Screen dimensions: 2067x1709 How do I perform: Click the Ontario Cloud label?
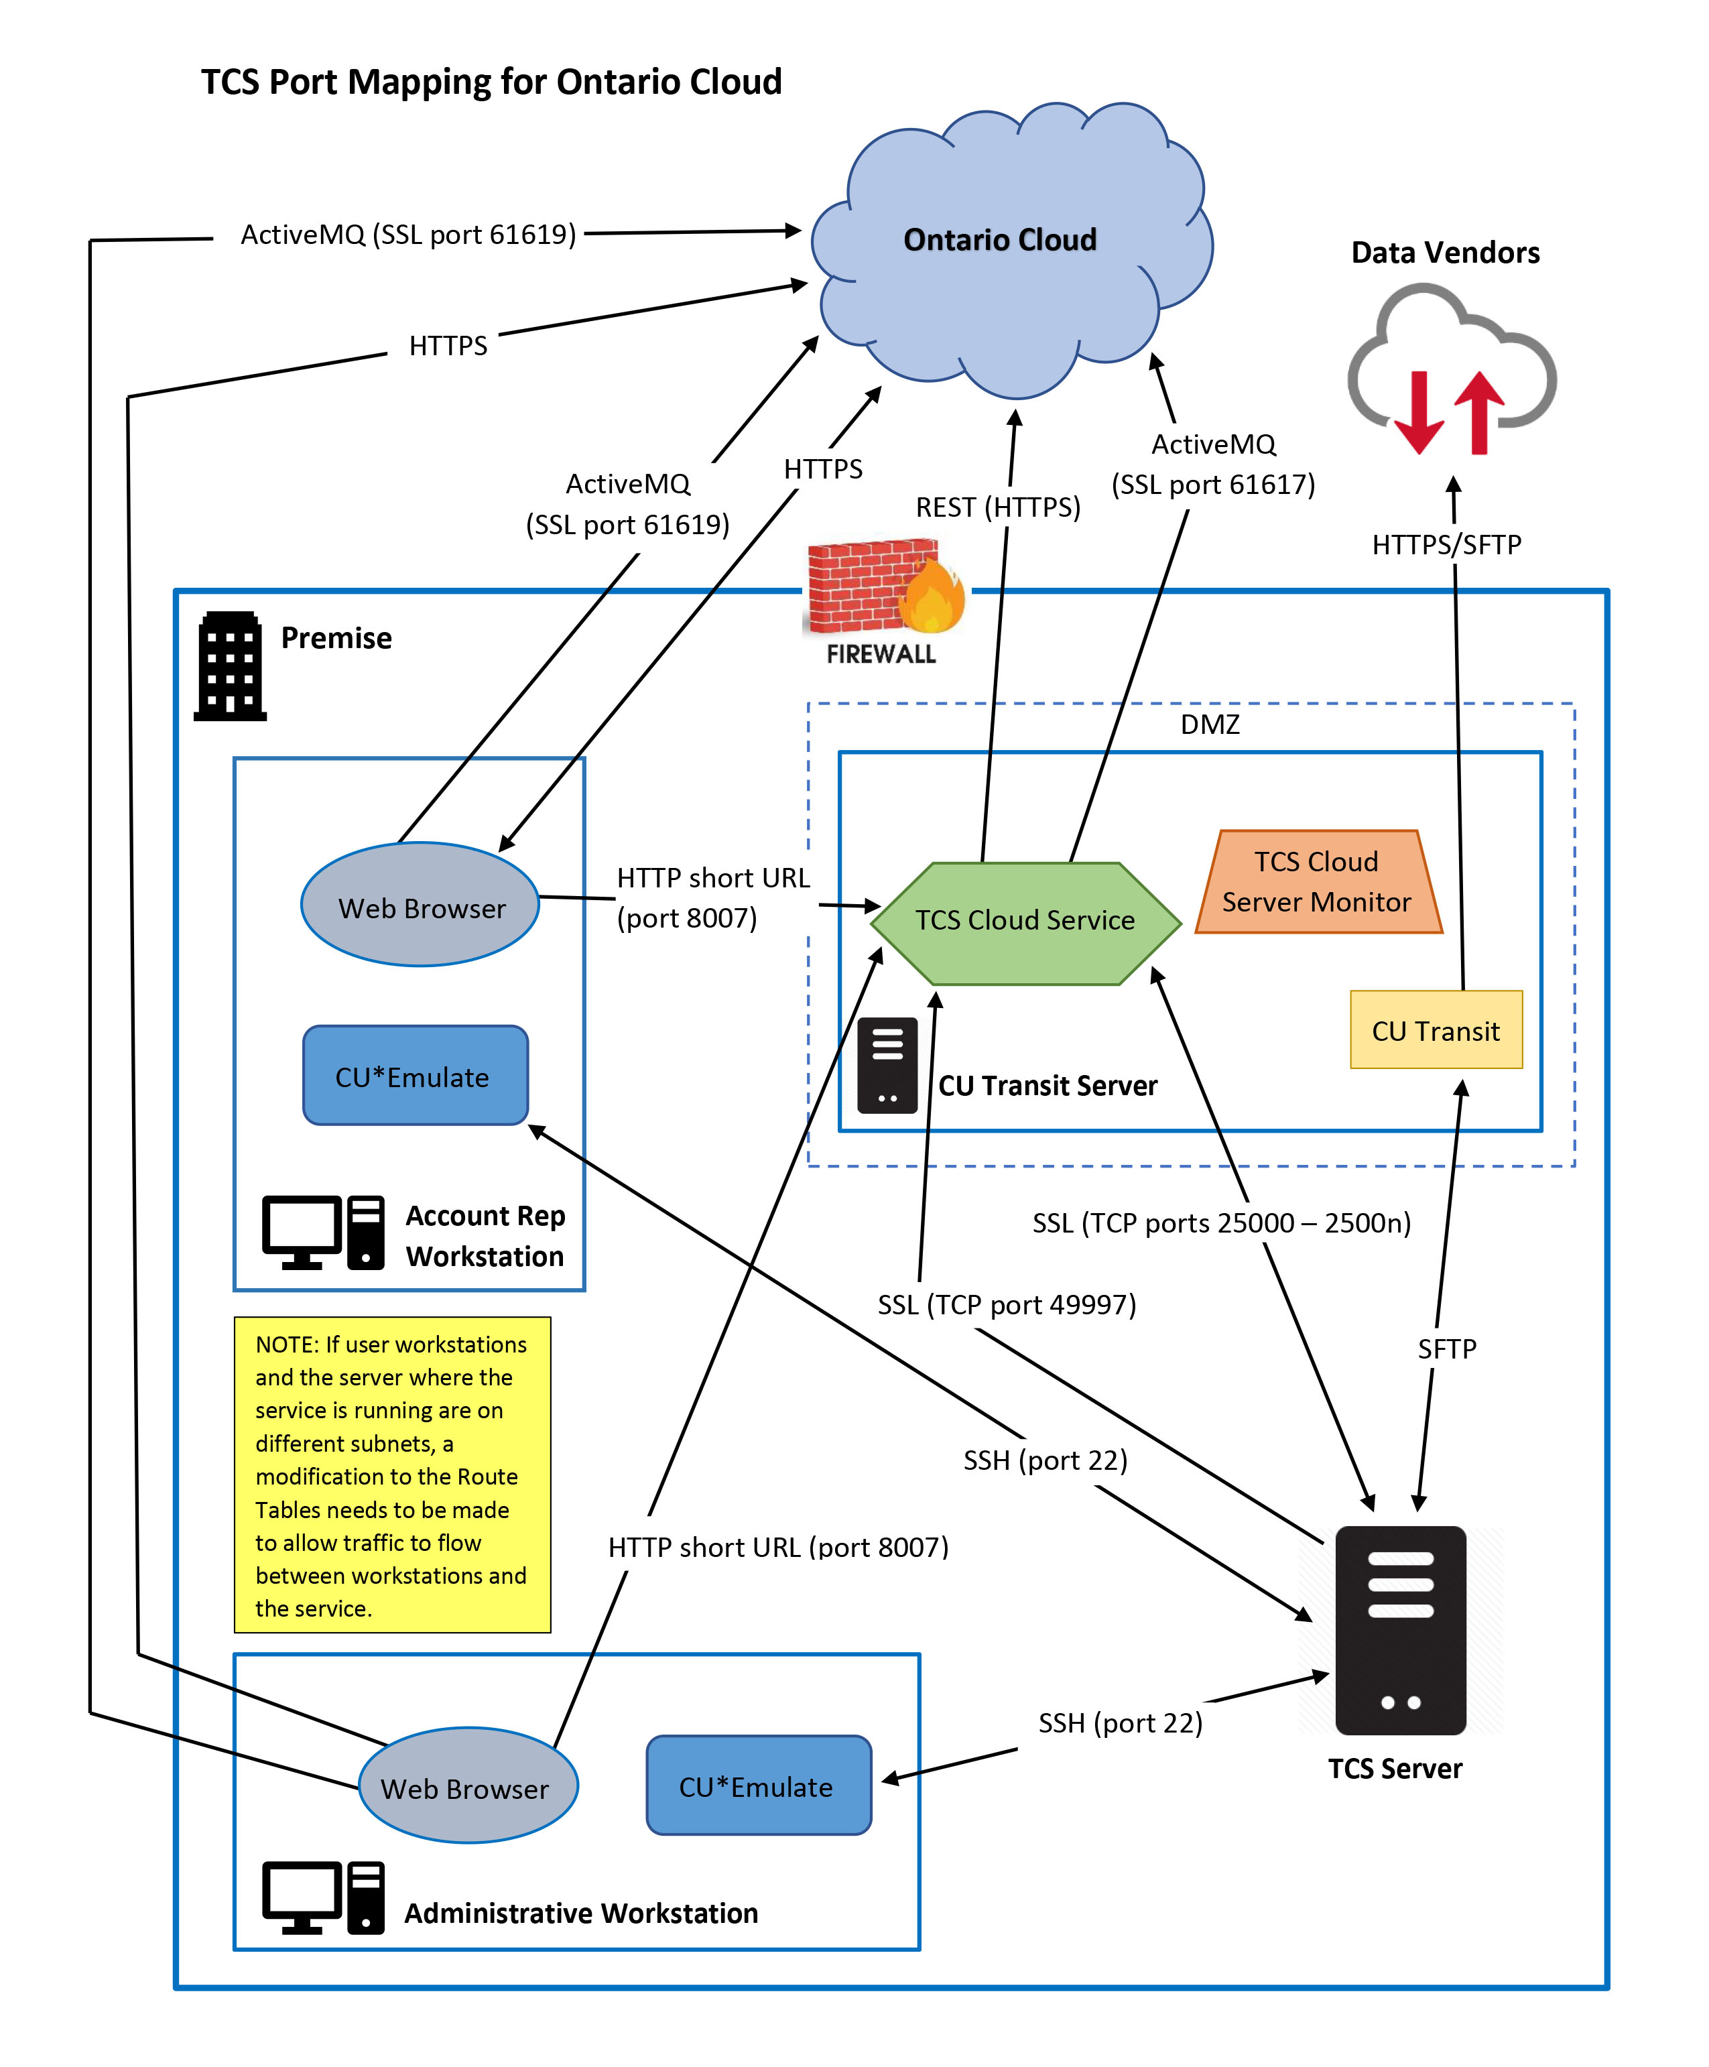point(999,240)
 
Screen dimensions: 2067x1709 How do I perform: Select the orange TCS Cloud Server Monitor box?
point(1317,882)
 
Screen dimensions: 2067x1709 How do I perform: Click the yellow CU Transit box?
point(1436,1031)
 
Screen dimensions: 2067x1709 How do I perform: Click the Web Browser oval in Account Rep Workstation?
point(420,905)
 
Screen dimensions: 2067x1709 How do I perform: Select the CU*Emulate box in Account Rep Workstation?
point(414,1076)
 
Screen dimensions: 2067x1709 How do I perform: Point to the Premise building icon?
point(231,666)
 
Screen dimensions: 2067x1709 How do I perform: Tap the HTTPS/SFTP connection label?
point(1446,544)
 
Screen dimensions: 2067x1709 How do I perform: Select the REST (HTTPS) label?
point(997,507)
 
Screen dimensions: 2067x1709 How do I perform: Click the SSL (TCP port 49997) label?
point(1006,1305)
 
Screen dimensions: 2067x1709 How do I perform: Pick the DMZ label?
point(1209,725)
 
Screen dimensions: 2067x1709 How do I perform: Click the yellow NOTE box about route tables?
point(392,1475)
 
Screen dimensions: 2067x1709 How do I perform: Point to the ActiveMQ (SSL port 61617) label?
point(1213,464)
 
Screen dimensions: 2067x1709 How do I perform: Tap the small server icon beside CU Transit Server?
point(887,1066)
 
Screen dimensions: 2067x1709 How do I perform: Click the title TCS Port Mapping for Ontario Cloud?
point(491,82)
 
